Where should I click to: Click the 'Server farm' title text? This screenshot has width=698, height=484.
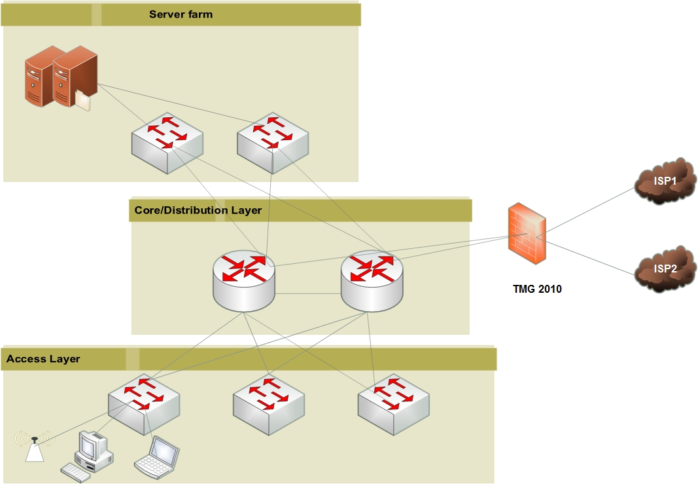[181, 14]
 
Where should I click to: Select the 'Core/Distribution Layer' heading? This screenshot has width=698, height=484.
[198, 210]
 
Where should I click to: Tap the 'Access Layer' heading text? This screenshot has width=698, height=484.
[43, 359]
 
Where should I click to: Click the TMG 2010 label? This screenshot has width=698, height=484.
[537, 288]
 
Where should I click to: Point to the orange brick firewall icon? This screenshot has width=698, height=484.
[527, 234]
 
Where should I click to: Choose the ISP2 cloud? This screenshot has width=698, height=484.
[665, 269]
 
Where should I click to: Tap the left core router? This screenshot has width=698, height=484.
[244, 280]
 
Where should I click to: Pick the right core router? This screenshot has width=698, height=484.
[372, 280]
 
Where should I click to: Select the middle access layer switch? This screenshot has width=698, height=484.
[269, 404]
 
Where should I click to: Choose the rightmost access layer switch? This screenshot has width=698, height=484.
[394, 404]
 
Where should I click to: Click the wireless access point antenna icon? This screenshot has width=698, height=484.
[35, 447]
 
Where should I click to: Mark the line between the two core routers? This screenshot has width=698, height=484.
[308, 294]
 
